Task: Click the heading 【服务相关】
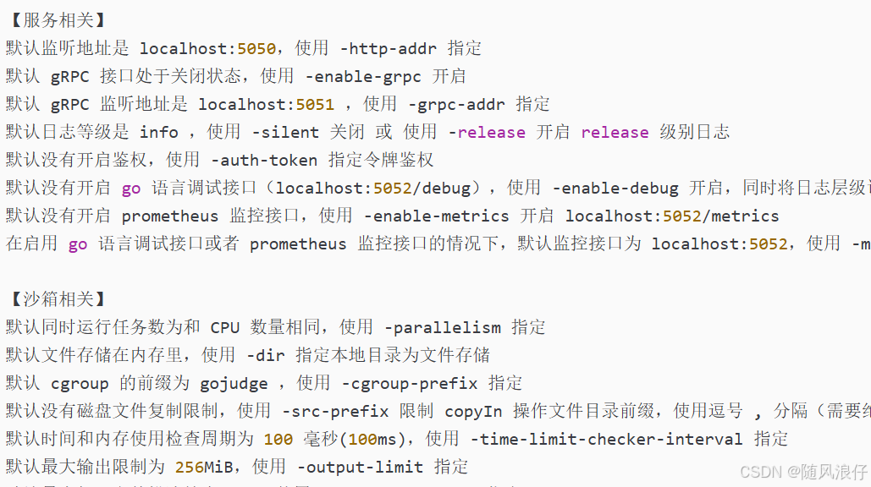[x=57, y=20]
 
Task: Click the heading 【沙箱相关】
[x=57, y=299]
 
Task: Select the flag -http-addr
[x=389, y=48]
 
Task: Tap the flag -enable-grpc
[x=363, y=76]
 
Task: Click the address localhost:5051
[x=266, y=104]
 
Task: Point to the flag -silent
[x=285, y=132]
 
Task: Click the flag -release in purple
[x=487, y=132]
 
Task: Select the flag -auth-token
[x=264, y=160]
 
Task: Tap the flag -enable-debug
[x=615, y=188]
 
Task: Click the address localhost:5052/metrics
[x=672, y=216]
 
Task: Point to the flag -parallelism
[x=442, y=327]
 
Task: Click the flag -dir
[x=265, y=355]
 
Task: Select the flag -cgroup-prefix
[x=410, y=383]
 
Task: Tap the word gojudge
[x=234, y=383]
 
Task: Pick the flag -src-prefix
[x=335, y=411]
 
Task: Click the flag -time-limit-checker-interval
[x=606, y=439]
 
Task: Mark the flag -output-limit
[x=361, y=467]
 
